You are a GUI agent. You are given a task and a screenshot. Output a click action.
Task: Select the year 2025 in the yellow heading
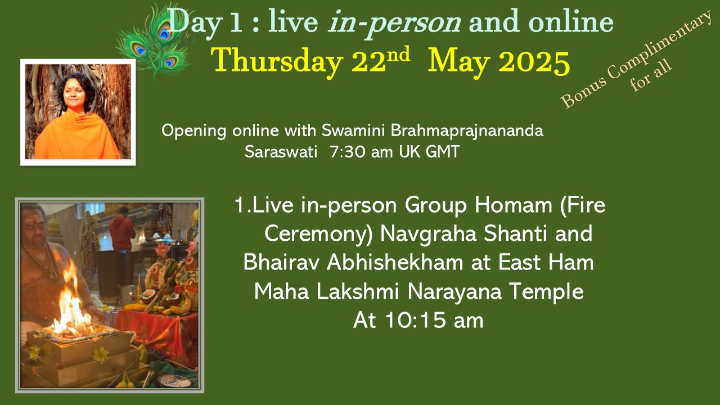click(534, 62)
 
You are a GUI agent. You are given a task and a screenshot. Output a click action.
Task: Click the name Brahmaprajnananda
click(467, 131)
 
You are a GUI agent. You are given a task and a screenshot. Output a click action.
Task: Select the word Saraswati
click(281, 152)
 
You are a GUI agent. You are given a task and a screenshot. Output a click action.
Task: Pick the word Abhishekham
click(395, 262)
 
